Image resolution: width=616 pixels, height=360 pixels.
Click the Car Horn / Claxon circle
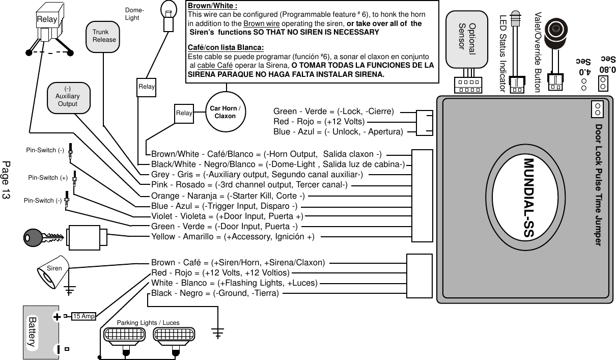click(225, 112)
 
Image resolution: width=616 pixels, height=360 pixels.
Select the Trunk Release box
click(104, 36)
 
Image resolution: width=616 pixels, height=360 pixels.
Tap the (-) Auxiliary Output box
click(67, 97)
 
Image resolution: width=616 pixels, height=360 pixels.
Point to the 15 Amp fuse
click(84, 316)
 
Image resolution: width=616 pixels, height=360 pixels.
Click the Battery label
click(33, 331)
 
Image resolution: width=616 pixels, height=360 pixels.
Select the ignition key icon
click(43, 237)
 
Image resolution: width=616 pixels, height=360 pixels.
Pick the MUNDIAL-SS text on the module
click(528, 199)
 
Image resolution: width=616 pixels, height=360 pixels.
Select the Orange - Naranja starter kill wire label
click(228, 196)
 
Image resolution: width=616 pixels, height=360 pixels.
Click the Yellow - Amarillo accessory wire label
click(233, 237)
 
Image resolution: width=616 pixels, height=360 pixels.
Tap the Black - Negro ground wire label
click(215, 293)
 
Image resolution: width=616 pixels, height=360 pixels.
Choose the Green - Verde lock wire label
click(333, 112)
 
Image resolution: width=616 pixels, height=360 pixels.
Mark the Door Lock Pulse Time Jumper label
click(599, 185)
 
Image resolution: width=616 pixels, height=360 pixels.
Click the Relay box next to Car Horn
click(184, 113)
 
